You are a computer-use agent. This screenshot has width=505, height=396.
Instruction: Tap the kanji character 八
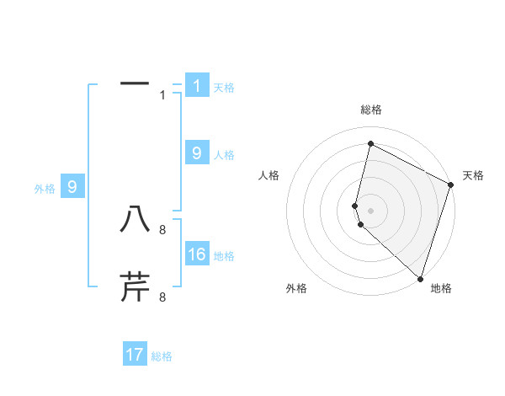point(135,219)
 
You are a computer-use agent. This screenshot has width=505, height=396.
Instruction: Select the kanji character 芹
point(135,286)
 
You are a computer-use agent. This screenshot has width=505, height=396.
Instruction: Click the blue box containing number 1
point(197,85)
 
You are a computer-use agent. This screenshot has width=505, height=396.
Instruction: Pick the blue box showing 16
point(197,254)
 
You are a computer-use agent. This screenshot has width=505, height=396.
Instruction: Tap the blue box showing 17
point(135,355)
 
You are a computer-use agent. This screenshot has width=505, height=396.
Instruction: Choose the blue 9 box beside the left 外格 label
point(72,187)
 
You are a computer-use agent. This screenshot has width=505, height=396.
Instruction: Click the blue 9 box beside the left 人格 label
point(197,153)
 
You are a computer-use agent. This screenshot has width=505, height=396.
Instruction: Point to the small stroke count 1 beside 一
point(163,95)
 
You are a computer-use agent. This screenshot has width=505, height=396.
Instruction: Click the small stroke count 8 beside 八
point(162,229)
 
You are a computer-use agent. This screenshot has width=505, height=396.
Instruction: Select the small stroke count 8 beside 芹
point(162,297)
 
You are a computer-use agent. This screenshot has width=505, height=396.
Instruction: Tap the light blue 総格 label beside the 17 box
point(162,356)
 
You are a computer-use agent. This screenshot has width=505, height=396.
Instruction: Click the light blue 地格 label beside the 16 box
point(224,256)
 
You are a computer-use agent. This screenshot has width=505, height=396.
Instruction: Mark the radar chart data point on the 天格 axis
point(451,186)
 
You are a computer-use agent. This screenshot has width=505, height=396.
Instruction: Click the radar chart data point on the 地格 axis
point(419,279)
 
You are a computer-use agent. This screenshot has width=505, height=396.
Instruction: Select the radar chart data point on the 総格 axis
point(370,144)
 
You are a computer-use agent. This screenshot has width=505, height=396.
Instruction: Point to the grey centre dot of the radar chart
point(370,210)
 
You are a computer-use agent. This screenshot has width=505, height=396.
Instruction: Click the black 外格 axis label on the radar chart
point(296,289)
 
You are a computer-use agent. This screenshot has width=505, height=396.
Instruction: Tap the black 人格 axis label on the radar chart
point(269,175)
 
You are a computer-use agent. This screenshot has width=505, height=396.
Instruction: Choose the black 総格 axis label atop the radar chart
point(370,110)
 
